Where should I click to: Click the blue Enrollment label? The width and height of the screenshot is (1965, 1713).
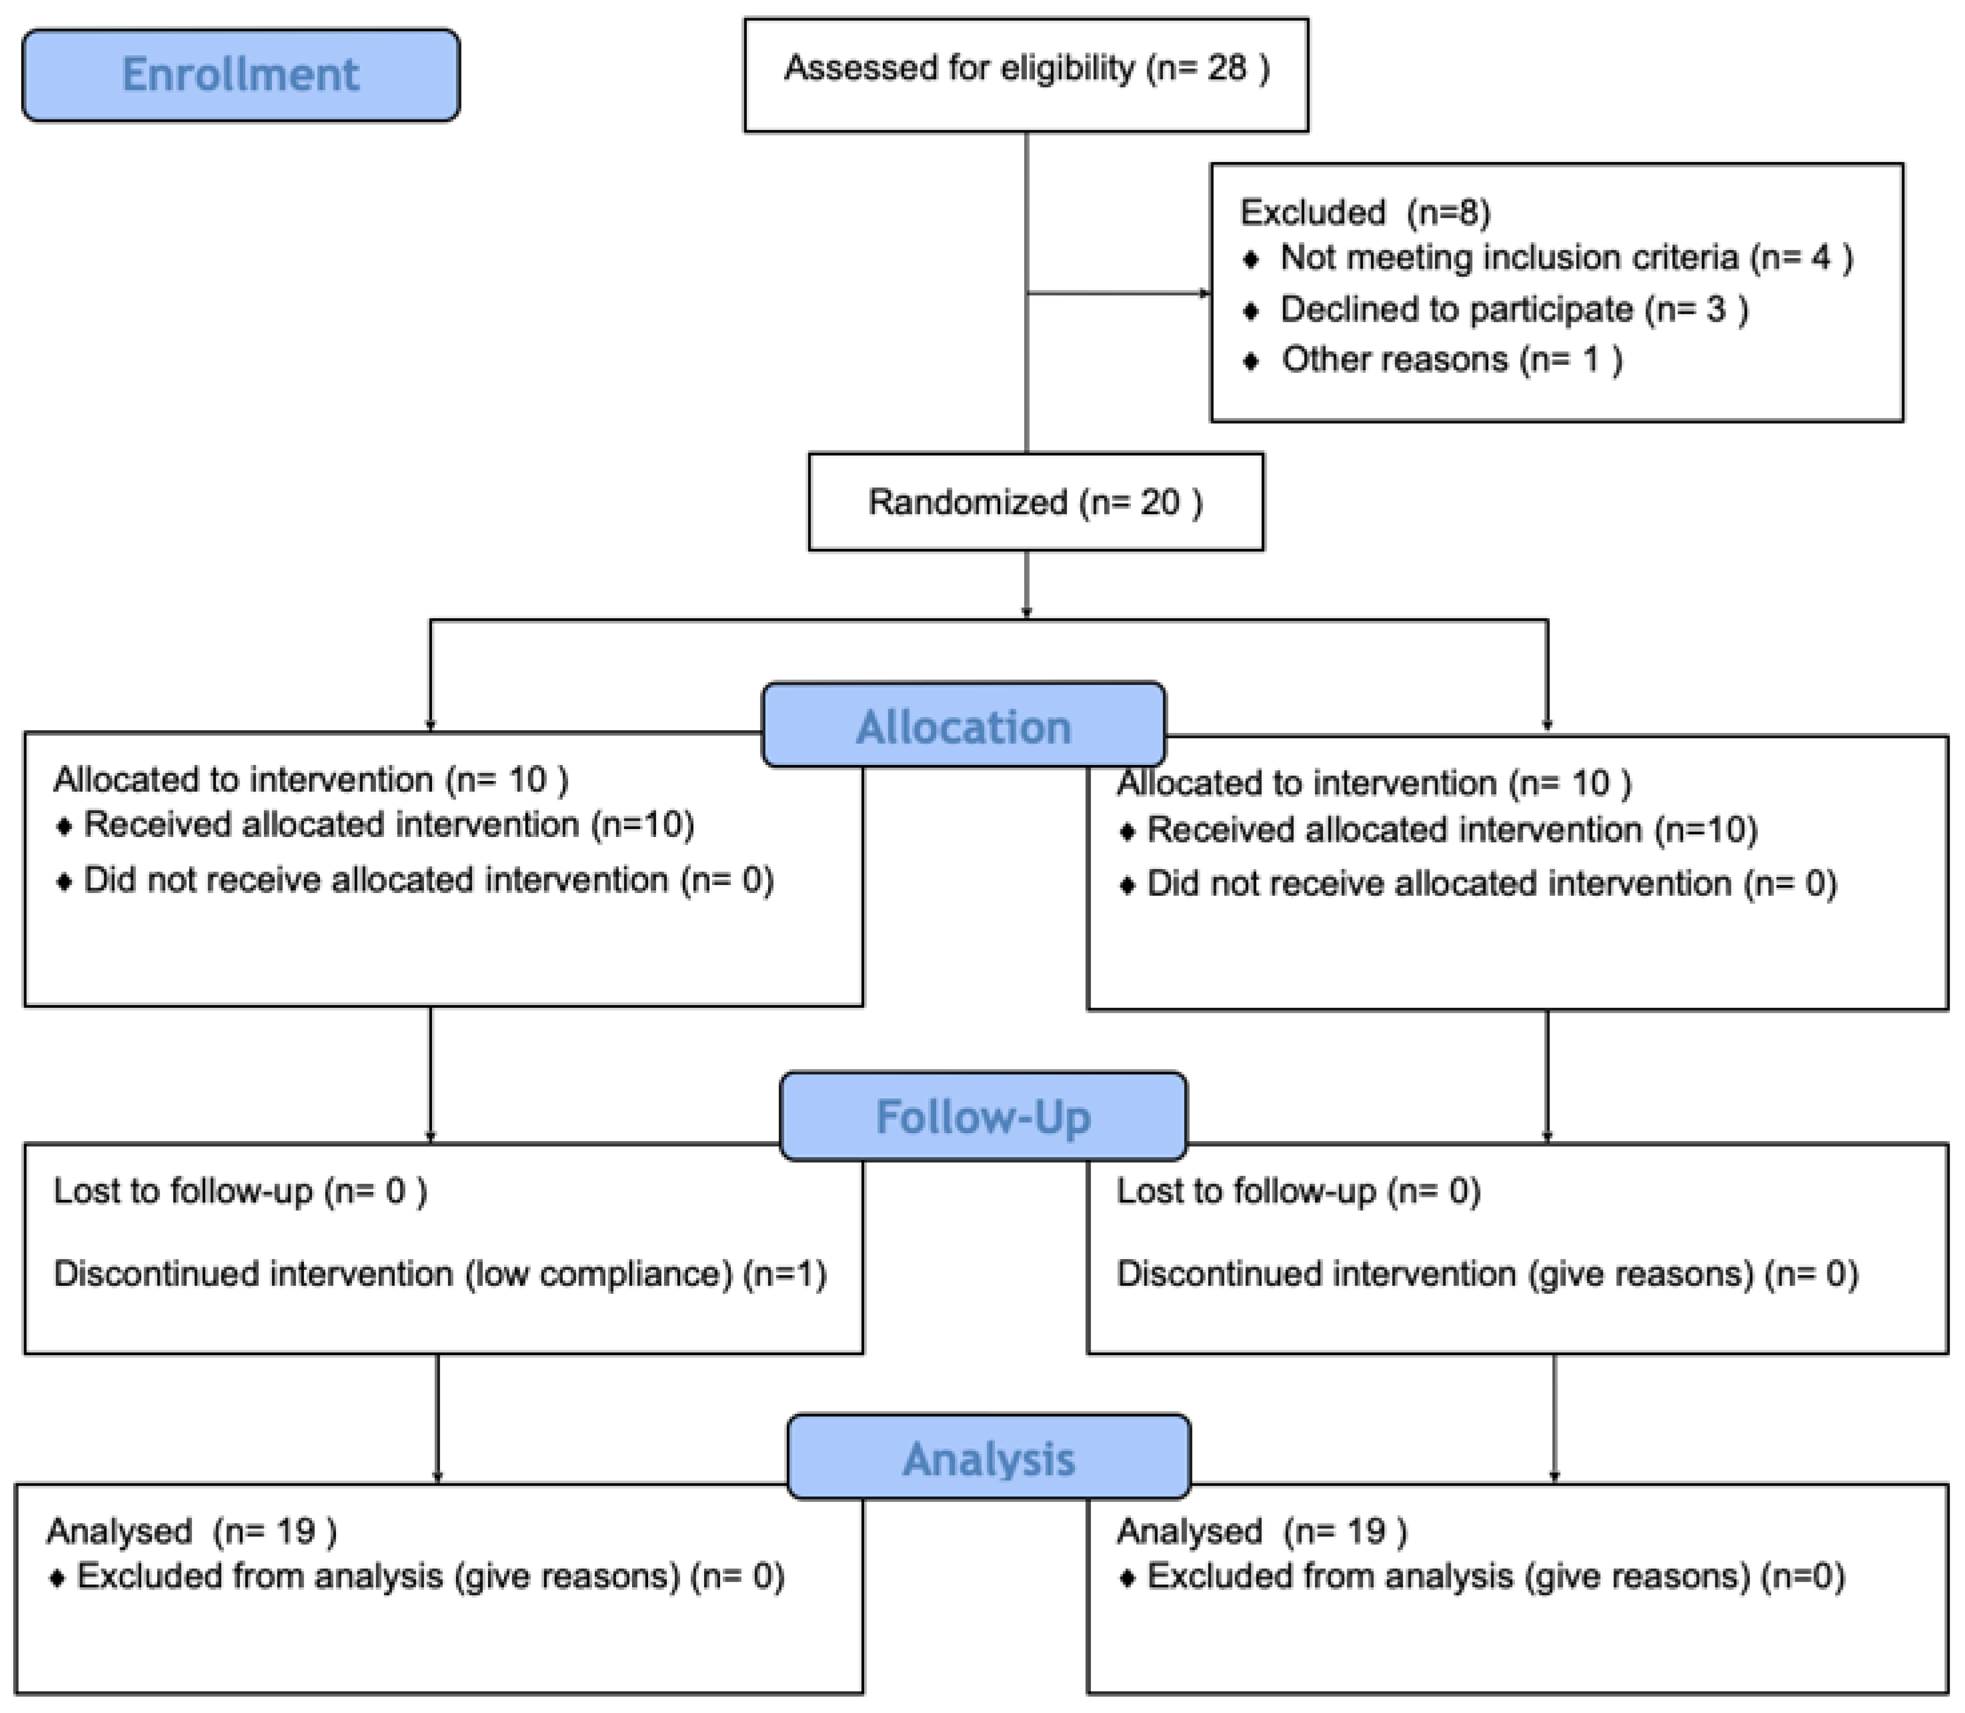point(241,75)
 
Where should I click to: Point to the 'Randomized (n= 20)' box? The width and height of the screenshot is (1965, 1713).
point(1035,502)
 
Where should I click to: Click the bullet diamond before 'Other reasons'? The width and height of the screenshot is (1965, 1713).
point(1251,361)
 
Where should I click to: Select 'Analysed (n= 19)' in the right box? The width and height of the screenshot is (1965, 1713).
point(1261,1532)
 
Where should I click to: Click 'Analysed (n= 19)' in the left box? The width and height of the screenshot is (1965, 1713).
point(191,1532)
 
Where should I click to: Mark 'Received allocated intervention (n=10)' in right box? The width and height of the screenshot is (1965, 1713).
point(1451,830)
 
